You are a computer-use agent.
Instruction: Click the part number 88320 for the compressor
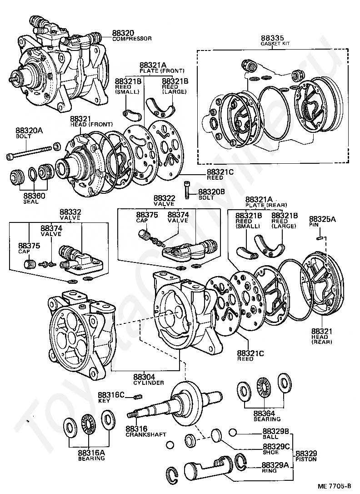(123, 33)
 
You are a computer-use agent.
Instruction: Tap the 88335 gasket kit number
(272, 38)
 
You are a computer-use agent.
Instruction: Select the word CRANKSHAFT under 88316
(146, 435)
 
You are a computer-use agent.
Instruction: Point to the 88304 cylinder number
(144, 377)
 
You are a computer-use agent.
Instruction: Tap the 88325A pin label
(322, 219)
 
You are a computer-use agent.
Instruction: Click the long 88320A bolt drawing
(29, 151)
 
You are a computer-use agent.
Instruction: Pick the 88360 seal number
(34, 196)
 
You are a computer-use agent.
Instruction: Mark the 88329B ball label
(275, 431)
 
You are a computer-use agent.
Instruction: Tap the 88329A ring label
(275, 465)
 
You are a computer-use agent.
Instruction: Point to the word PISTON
(306, 459)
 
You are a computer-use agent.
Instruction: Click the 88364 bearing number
(265, 413)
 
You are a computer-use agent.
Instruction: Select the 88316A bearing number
(91, 453)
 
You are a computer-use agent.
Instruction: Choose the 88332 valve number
(70, 212)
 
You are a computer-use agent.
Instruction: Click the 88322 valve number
(164, 198)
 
